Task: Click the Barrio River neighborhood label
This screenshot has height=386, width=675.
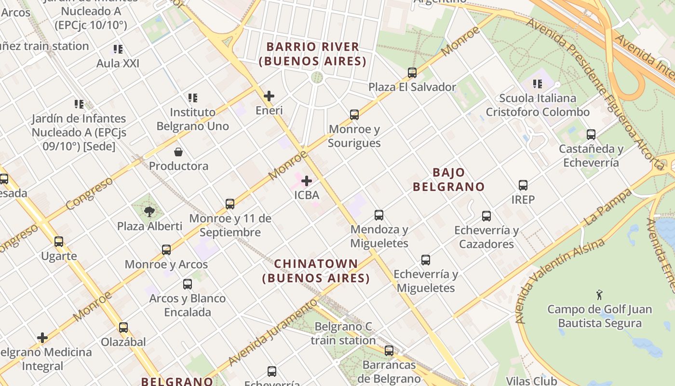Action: (x=312, y=54)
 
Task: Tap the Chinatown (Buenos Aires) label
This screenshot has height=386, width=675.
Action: (x=316, y=271)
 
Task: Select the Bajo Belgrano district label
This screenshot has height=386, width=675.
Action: (x=448, y=179)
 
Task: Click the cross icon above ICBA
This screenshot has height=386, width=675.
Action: (x=306, y=181)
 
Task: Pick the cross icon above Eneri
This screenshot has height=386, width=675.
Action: (x=269, y=96)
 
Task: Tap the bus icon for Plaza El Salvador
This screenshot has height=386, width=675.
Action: (x=412, y=73)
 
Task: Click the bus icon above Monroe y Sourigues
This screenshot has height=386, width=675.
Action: (x=354, y=115)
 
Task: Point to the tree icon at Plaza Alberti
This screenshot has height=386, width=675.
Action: (x=149, y=211)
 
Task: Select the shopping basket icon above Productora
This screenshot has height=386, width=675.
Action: (x=178, y=152)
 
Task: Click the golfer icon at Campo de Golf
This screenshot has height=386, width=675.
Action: (x=599, y=294)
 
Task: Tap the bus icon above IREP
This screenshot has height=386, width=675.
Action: (x=523, y=185)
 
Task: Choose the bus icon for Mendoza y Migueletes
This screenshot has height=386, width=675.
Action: (x=379, y=215)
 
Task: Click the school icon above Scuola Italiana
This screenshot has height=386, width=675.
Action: (x=538, y=84)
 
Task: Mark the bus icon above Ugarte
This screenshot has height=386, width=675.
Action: (x=59, y=242)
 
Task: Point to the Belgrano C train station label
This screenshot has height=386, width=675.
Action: (x=343, y=333)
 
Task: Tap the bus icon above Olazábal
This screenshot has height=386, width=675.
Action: (x=123, y=328)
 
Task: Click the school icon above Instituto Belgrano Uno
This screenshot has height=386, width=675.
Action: (x=193, y=98)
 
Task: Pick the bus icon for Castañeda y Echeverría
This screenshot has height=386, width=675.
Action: (x=591, y=135)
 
